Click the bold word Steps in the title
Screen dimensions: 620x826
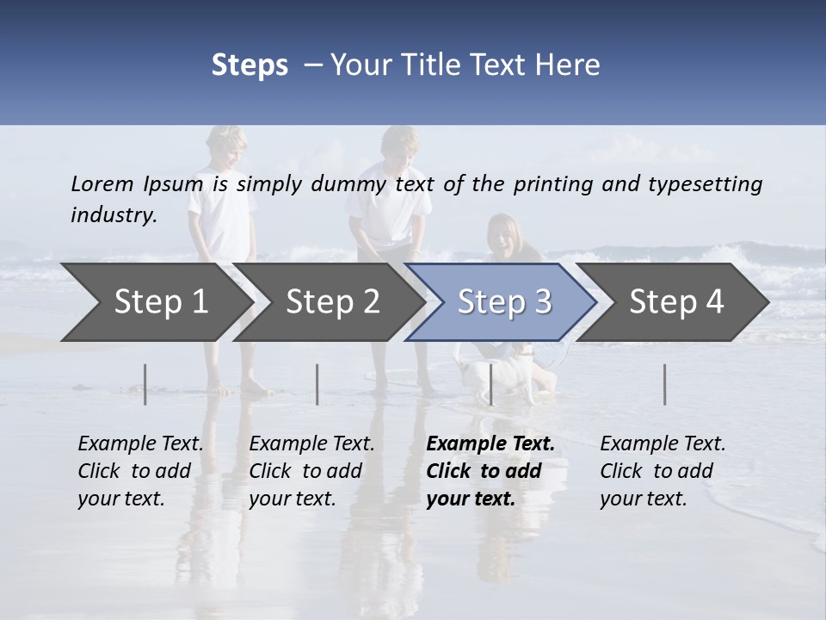pos(250,65)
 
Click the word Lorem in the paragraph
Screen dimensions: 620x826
pos(102,183)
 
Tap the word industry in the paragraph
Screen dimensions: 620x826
pos(113,215)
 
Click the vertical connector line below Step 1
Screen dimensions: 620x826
pos(145,384)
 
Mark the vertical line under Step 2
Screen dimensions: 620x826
pos(317,384)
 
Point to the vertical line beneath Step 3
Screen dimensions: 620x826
pos(490,384)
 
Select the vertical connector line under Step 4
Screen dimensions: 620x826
pos(664,384)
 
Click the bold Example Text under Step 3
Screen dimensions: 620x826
pos(490,444)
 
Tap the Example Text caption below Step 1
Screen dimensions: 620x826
pos(140,444)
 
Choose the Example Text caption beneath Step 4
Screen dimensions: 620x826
pos(663,444)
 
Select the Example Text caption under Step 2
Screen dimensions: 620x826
pos(311,444)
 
